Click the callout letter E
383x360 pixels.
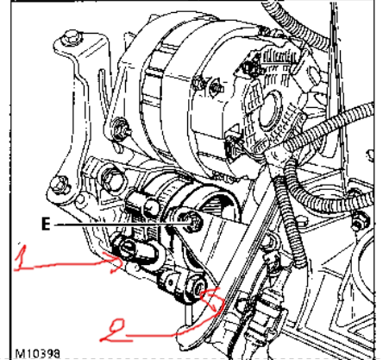click(46, 224)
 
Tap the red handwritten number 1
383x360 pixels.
click(22, 258)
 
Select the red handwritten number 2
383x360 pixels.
click(114, 331)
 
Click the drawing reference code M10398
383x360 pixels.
click(38, 354)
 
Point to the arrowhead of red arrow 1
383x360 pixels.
click(118, 262)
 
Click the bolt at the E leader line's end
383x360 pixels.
click(192, 222)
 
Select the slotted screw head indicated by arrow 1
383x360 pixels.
click(127, 248)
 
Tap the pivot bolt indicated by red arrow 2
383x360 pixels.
click(199, 287)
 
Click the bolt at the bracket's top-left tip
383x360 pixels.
click(71, 37)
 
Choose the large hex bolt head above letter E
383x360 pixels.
click(112, 178)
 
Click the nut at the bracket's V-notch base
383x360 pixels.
click(120, 129)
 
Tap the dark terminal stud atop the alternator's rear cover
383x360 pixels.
click(249, 66)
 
